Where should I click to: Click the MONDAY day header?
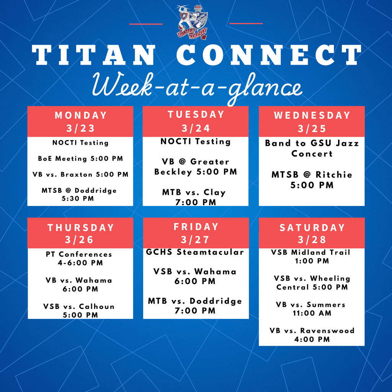pyautogui.click(x=80, y=115)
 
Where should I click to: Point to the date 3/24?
pyautogui.click(x=196, y=128)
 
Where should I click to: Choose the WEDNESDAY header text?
pyautogui.click(x=312, y=115)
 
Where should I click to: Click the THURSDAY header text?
pyautogui.click(x=80, y=228)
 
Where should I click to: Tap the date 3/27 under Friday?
pyautogui.click(x=196, y=240)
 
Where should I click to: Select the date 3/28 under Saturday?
pyautogui.click(x=312, y=240)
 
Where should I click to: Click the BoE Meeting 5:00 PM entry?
pyautogui.click(x=80, y=158)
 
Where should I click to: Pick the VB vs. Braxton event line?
pyautogui.click(x=80, y=175)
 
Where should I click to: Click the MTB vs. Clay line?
pyautogui.click(x=194, y=193)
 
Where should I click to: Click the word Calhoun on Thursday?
pyautogui.click(x=96, y=307)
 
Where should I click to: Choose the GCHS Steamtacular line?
pyautogui.click(x=195, y=252)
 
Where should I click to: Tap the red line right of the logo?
pyautogui.click(x=246, y=24)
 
